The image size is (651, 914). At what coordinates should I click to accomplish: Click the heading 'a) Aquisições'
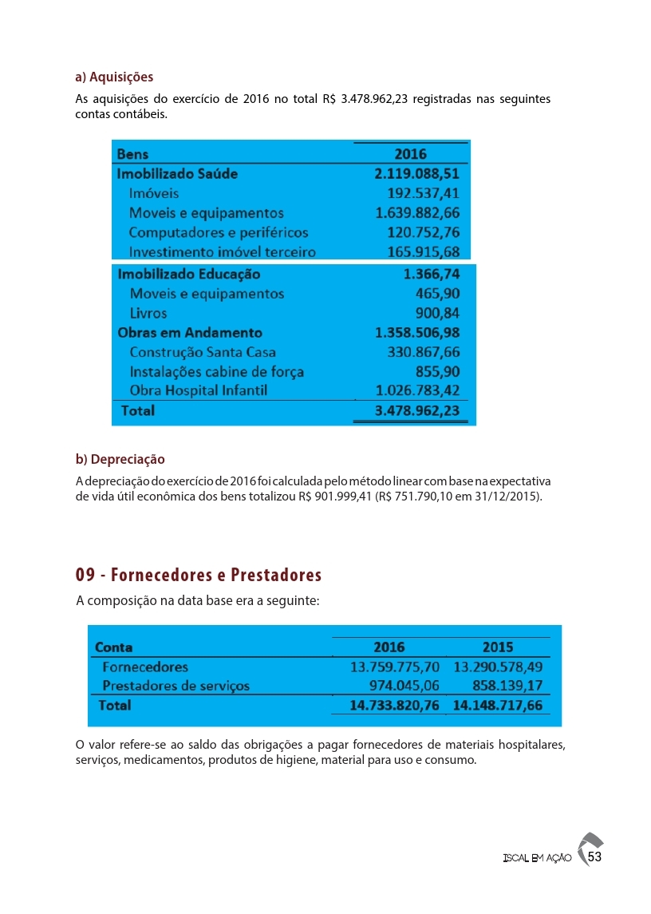(114, 77)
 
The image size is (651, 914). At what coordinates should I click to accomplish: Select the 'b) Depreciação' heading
(120, 460)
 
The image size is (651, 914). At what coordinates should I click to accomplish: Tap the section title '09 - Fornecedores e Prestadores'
(199, 576)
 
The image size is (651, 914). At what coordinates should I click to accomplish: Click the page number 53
(594, 857)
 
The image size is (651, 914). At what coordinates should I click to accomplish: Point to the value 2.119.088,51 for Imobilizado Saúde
(417, 173)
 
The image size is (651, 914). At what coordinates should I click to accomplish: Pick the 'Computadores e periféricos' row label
(218, 232)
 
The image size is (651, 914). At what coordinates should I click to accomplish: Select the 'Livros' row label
(148, 313)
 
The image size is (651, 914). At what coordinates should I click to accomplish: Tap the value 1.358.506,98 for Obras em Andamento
(417, 333)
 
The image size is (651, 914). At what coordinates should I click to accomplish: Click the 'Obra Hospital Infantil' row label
(198, 390)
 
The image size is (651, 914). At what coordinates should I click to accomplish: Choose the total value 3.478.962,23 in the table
(417, 411)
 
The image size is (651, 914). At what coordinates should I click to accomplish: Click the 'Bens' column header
(132, 154)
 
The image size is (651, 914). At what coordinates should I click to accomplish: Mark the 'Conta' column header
(114, 647)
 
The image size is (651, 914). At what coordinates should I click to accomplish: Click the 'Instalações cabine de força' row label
(216, 372)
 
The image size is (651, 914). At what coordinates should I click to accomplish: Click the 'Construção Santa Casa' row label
(203, 352)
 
